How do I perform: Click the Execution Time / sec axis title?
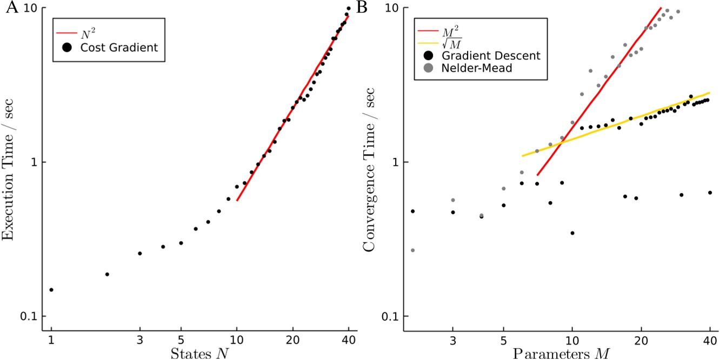point(11,162)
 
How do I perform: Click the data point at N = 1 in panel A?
point(51,290)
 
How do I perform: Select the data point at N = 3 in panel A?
point(140,254)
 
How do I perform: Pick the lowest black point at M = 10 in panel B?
point(572,233)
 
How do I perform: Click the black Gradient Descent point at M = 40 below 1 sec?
point(710,192)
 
